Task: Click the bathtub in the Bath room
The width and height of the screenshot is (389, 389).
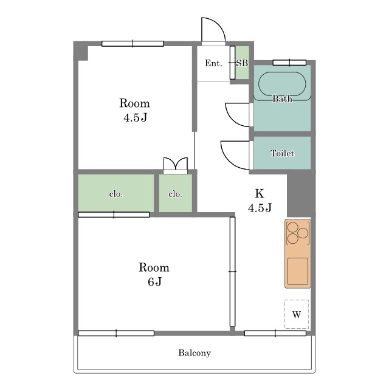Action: click(x=282, y=84)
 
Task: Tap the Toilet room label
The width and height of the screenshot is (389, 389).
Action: click(x=282, y=153)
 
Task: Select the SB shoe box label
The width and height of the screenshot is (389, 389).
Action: click(x=242, y=63)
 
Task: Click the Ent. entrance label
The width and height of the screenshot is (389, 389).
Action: click(x=213, y=63)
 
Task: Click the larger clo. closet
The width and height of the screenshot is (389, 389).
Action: click(x=116, y=193)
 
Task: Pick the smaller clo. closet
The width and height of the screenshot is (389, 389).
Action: click(x=176, y=193)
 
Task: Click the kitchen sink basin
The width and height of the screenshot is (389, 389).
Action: click(x=298, y=271)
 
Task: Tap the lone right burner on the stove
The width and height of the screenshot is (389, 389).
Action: click(x=303, y=233)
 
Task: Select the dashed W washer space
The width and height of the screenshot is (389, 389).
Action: click(x=297, y=314)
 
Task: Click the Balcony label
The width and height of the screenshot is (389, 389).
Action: click(x=194, y=353)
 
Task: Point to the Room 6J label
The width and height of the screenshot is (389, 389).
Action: click(x=154, y=274)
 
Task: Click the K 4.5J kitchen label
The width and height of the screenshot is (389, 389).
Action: click(x=260, y=201)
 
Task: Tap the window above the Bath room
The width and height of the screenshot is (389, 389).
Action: click(x=289, y=63)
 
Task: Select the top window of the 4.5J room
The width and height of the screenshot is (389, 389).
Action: click(x=133, y=44)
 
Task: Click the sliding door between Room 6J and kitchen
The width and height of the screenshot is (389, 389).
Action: click(x=232, y=272)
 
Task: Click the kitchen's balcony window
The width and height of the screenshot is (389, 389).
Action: click(x=275, y=333)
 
